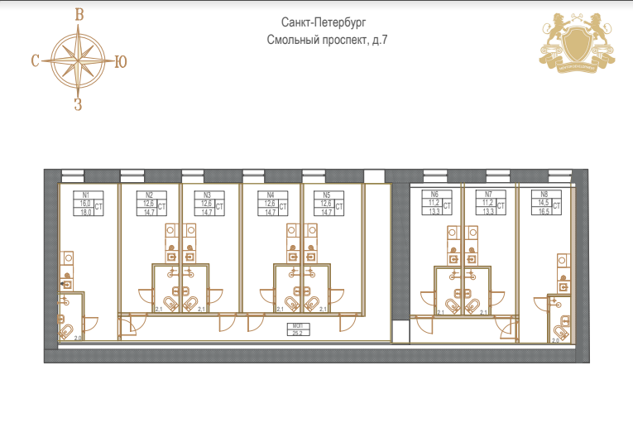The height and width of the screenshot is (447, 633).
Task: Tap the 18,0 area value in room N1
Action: (x=84, y=212)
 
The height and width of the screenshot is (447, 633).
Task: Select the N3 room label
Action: (x=207, y=195)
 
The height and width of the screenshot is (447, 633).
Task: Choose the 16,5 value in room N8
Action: (x=543, y=212)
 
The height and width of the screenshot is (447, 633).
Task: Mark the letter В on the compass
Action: (x=79, y=14)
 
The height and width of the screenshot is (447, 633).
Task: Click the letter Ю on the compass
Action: (x=120, y=60)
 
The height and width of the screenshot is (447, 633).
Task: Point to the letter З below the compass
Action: (x=78, y=104)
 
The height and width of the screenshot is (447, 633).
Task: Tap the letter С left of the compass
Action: (x=36, y=60)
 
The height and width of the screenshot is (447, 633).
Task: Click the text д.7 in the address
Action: (x=380, y=41)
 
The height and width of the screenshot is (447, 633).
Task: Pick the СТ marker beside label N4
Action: (x=282, y=207)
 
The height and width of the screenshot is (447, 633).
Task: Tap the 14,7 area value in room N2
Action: (x=149, y=212)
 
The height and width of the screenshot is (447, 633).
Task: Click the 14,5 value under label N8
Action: (x=543, y=203)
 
